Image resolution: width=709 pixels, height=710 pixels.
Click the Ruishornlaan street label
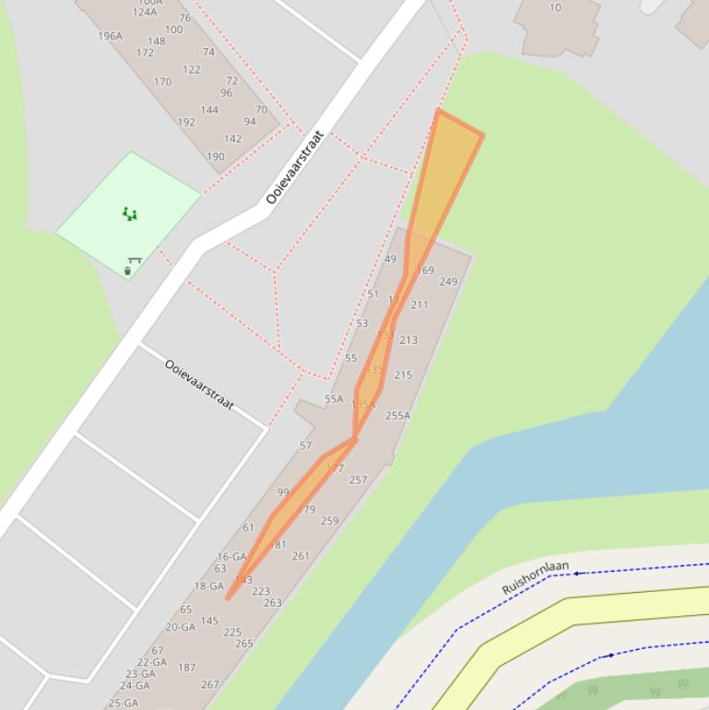[535, 577]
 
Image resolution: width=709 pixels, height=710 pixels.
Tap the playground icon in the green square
[130, 215]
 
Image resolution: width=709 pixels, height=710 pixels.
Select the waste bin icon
[127, 271]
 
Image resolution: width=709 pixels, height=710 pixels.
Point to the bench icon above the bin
[135, 261]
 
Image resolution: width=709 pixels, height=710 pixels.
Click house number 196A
[110, 36]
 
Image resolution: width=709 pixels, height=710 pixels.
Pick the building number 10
[555, 7]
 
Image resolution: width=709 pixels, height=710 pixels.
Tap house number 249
[448, 282]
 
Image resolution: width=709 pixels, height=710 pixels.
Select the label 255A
[397, 416]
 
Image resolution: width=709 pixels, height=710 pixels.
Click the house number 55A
[334, 399]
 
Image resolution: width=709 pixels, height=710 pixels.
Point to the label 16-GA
[231, 557]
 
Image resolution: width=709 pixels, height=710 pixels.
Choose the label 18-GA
[208, 586]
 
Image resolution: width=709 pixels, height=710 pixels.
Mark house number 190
[216, 157]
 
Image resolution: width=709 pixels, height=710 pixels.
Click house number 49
[390, 259]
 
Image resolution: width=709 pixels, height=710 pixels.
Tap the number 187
[187, 668]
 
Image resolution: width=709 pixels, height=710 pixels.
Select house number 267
[210, 685]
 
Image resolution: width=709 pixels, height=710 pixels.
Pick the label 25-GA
[124, 703]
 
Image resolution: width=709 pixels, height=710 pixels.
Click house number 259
[329, 521]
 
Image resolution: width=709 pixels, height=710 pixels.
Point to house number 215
[403, 375]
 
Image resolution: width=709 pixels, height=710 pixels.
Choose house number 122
[192, 70]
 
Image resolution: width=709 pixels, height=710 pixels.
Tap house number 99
[282, 492]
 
